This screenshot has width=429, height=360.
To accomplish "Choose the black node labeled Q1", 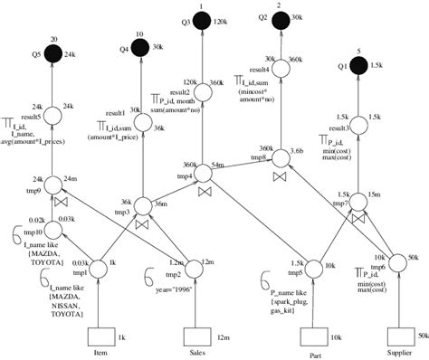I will (358, 65).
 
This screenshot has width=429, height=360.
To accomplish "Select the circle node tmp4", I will (200, 170).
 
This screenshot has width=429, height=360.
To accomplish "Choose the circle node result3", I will (358, 120).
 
